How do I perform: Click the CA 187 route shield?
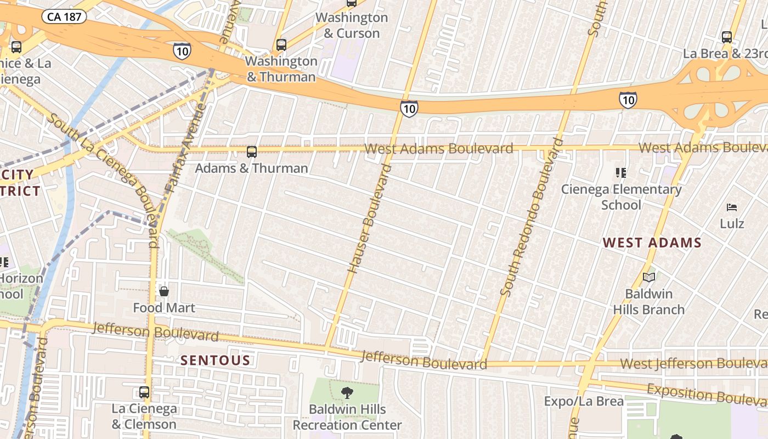[65, 16]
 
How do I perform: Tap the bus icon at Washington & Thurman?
[281, 44]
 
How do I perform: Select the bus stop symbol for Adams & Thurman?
[252, 152]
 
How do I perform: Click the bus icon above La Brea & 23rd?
[727, 37]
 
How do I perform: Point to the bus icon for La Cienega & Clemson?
[144, 392]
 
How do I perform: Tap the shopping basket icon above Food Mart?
[164, 291]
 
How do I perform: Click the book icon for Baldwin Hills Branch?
[649, 278]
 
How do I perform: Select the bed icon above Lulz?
[732, 207]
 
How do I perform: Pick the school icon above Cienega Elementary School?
[621, 173]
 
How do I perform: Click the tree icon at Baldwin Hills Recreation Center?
[347, 392]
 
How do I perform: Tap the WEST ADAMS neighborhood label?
[652, 243]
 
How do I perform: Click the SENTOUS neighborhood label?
[216, 361]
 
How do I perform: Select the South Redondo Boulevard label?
[532, 217]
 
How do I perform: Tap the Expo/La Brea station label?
[584, 401]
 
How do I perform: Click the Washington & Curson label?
[352, 25]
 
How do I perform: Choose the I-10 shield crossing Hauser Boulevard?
[409, 109]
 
